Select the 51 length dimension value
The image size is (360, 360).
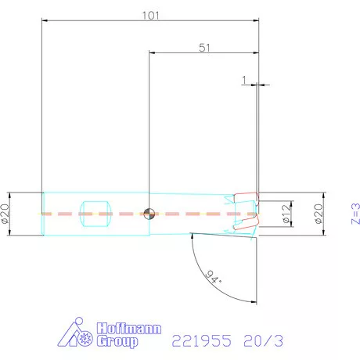(x=204, y=47)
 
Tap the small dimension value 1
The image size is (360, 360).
(x=245, y=80)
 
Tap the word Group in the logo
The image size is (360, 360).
(x=118, y=341)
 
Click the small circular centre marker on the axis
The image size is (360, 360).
(x=149, y=213)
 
